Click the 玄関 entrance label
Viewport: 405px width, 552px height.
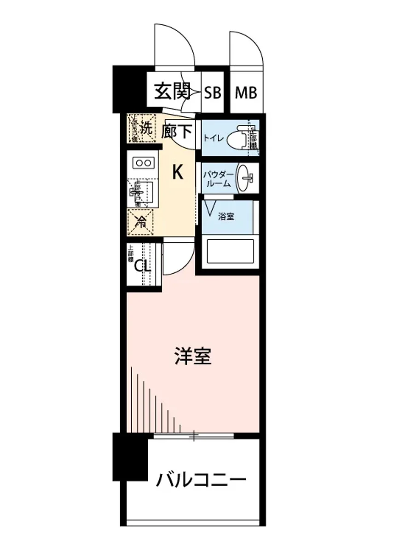click(x=172, y=92)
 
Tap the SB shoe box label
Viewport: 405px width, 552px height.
click(x=213, y=93)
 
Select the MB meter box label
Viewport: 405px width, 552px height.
click(x=246, y=93)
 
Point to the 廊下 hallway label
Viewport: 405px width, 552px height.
click(x=177, y=132)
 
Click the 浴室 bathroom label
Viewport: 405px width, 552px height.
click(x=226, y=216)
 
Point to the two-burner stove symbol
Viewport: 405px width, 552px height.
click(x=143, y=162)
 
